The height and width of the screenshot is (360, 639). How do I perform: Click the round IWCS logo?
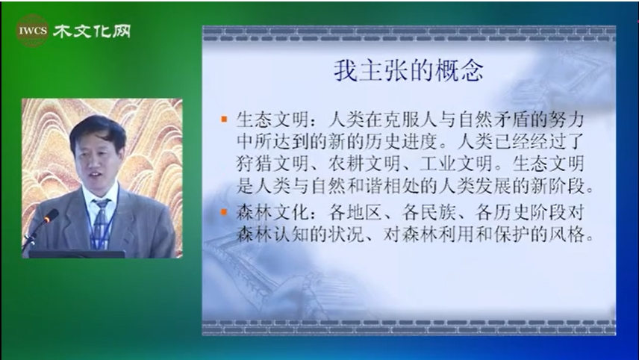(33, 31)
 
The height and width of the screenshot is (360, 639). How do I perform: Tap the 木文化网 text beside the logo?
(92, 31)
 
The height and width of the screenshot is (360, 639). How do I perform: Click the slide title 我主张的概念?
(408, 70)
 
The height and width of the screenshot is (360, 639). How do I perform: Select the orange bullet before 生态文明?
(224, 119)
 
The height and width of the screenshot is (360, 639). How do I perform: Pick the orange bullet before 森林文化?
(224, 212)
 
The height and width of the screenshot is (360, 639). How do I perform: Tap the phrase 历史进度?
(403, 141)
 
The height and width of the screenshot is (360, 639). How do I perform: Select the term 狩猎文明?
(272, 164)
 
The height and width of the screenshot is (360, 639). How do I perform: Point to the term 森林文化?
(272, 212)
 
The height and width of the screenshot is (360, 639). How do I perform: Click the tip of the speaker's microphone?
(52, 214)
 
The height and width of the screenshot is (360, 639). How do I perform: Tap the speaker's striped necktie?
(100, 223)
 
